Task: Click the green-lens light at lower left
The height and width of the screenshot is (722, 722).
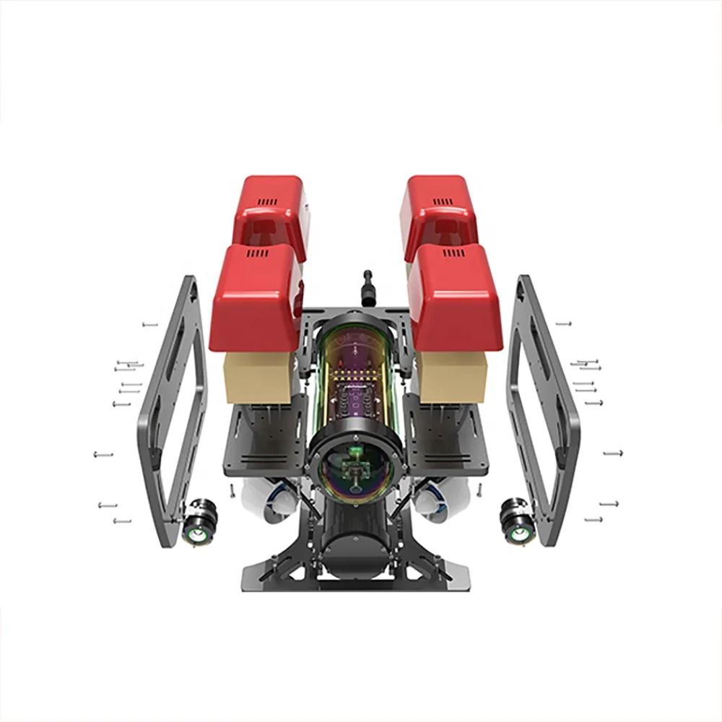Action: pos(196,533)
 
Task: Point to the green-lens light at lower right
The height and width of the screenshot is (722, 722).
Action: pos(518,533)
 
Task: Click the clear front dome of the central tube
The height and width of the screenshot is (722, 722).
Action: pos(355,472)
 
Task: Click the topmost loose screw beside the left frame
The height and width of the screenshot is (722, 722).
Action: pos(149,325)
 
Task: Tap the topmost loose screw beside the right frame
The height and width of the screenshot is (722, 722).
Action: pos(563,324)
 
